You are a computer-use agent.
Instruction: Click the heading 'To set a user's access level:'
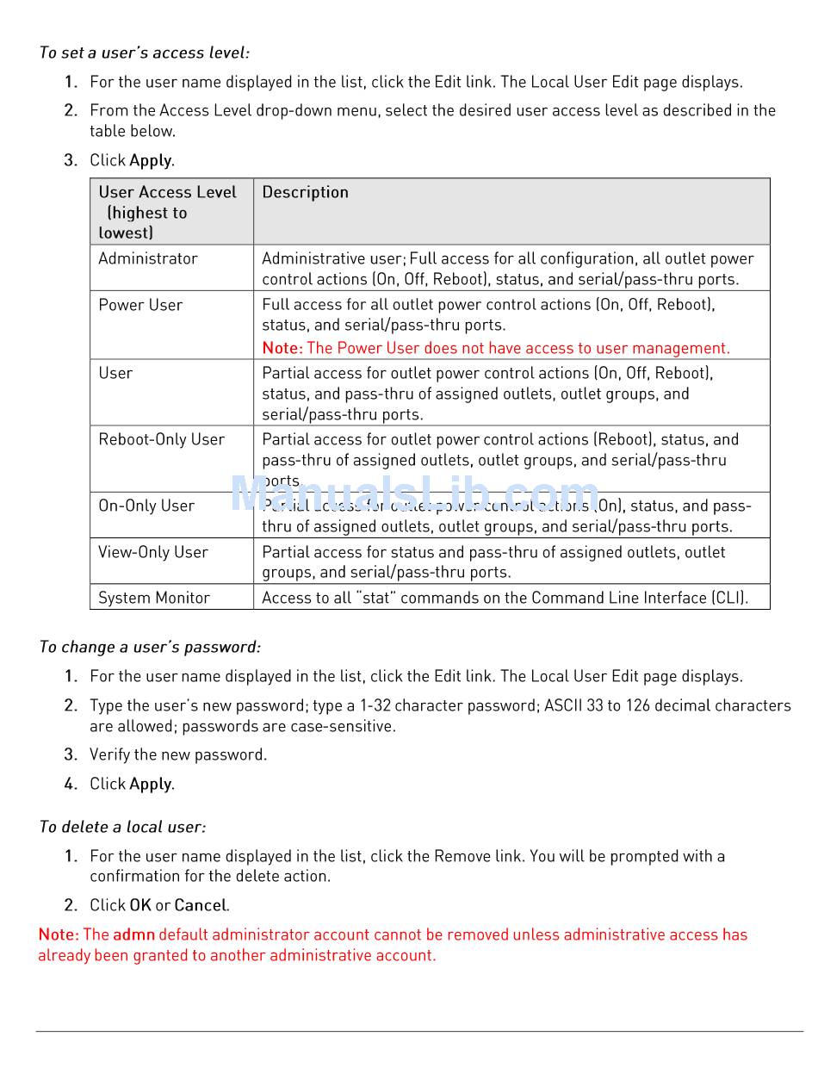[x=144, y=53]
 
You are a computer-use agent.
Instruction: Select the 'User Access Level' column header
[x=167, y=193]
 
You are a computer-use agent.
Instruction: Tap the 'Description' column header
[x=305, y=193]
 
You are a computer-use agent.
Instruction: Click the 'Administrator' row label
[x=148, y=258]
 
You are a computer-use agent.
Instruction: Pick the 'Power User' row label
[x=140, y=305]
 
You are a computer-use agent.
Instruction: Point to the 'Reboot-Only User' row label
[x=161, y=439]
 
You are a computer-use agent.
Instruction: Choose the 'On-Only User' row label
[x=146, y=506]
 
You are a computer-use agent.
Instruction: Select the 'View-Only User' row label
[x=152, y=552]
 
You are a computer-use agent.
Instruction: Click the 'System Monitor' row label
[x=154, y=598]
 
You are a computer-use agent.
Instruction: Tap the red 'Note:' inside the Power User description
[x=282, y=348]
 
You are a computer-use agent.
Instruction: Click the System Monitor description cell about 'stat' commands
[x=505, y=598]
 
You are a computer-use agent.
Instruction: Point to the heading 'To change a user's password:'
[x=150, y=647]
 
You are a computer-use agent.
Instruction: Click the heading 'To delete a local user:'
[x=122, y=827]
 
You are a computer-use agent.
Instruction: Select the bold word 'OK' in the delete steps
[x=140, y=905]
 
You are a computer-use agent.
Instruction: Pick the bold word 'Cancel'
[x=200, y=905]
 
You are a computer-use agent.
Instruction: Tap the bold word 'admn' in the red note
[x=133, y=934]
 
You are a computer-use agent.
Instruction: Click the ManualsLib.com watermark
[x=414, y=494]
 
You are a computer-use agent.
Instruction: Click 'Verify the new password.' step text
[x=178, y=754]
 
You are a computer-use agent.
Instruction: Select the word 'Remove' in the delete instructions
[x=462, y=856]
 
